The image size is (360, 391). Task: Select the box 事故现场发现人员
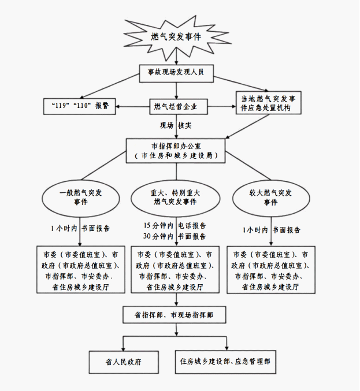pos(176,74)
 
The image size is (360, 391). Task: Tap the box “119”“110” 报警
pos(79,106)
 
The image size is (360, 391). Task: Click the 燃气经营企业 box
pos(176,106)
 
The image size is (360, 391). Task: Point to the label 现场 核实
pos(176,125)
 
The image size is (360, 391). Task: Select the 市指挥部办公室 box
pos(176,150)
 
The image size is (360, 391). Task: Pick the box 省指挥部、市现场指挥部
pos(175,315)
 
